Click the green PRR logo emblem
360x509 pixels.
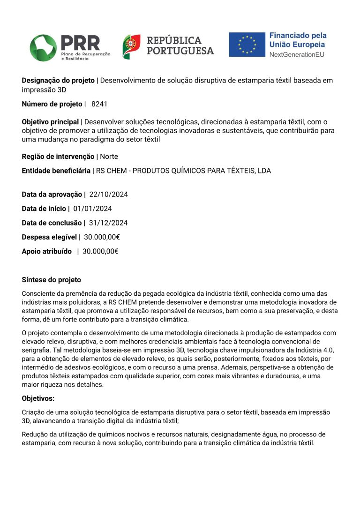[x=43, y=47]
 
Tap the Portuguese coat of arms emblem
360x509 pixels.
[x=131, y=46]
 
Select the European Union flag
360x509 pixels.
[x=247, y=45]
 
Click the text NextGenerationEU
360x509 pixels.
[x=296, y=54]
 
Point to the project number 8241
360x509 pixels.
[x=99, y=104]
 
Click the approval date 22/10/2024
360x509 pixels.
[x=108, y=195]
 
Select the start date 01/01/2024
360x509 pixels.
[x=92, y=209]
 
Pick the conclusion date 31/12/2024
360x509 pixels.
[x=108, y=223]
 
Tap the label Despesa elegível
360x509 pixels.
[x=49, y=237]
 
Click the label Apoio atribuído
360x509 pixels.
[x=46, y=251]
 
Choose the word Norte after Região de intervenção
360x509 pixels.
[x=109, y=157]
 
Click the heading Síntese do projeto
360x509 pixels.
[x=51, y=280]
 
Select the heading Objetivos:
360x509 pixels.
[x=38, y=398]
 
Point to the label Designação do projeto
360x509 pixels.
[x=58, y=80]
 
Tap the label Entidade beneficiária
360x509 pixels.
[x=56, y=171]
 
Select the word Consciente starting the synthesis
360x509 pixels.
[x=37, y=293]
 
